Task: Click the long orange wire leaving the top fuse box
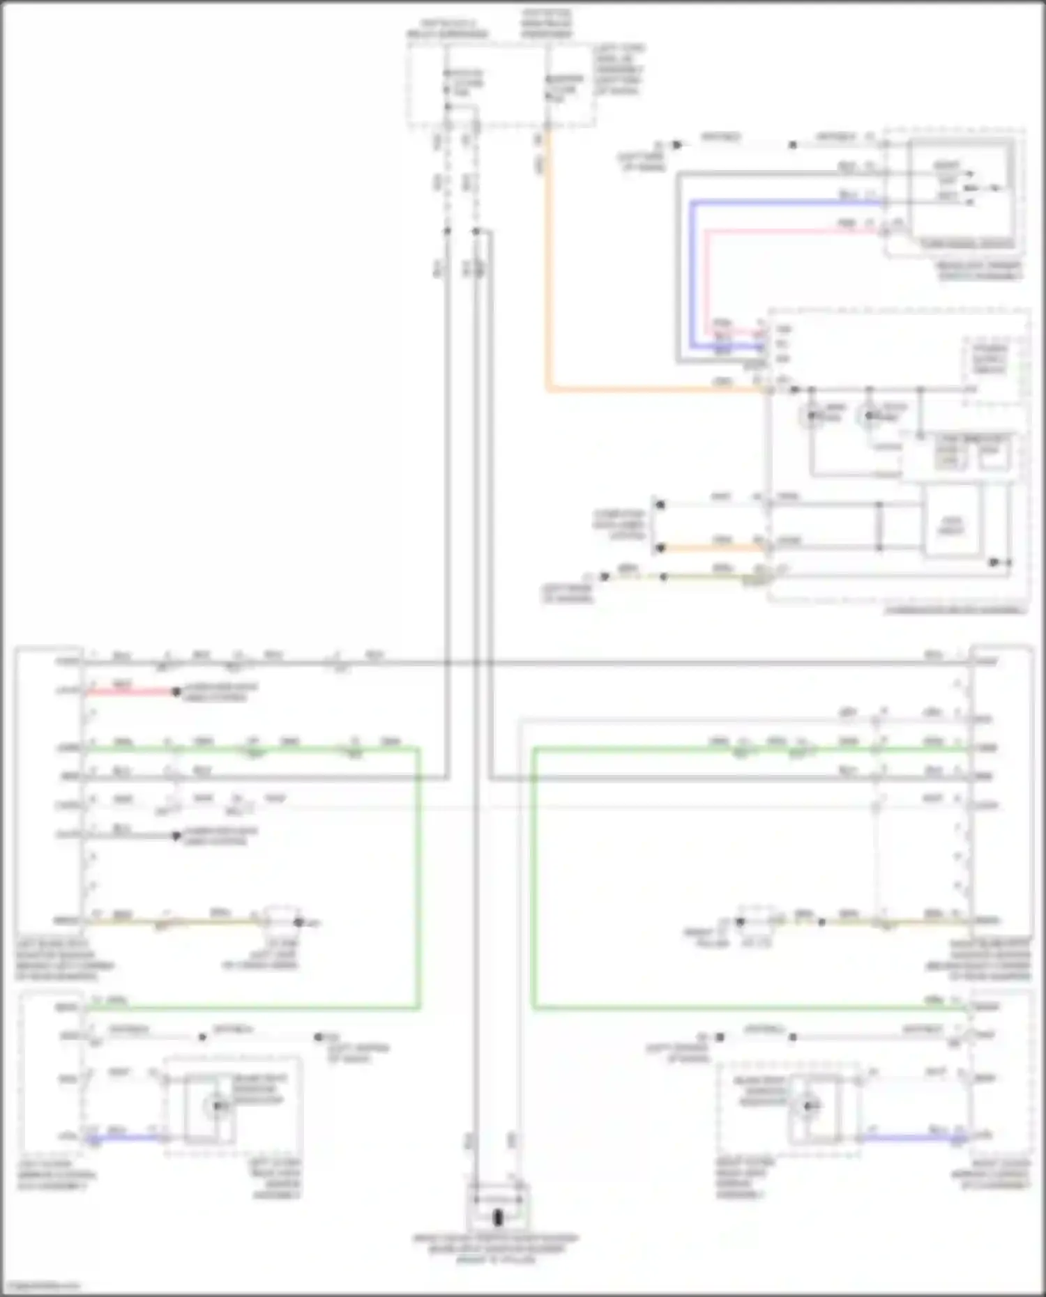coord(548,279)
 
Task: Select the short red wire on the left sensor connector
coord(132,691)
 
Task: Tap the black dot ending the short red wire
coord(176,692)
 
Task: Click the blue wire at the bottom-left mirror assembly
coord(126,1138)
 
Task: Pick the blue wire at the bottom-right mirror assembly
coord(914,1138)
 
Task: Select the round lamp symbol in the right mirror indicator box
coord(809,1106)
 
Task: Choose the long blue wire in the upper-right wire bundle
coord(781,203)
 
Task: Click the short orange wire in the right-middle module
coord(711,548)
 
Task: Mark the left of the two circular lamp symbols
coord(811,417)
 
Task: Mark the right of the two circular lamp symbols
coord(869,417)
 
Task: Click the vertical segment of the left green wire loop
coord(418,878)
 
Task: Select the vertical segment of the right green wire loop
coord(534,878)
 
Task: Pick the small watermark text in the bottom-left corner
coord(40,1285)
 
